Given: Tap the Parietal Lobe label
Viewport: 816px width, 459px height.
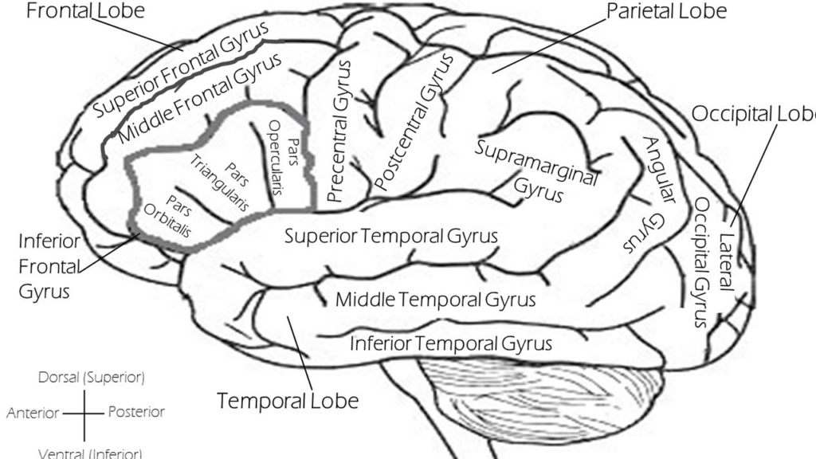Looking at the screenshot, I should coord(666,11).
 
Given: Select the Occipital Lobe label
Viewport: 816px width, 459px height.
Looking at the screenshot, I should coord(753,113).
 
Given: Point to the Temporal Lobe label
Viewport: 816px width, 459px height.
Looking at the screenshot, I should coord(288,399).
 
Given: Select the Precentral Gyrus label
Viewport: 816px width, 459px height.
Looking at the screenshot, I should coord(341,132).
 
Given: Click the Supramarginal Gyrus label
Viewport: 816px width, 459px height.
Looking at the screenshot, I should coord(535,169).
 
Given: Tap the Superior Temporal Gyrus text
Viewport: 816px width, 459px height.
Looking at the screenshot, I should coord(391,236).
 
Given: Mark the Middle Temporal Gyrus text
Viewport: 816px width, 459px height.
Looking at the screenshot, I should coord(435,300).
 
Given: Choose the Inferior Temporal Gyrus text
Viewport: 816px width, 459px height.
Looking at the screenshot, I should coord(451,343).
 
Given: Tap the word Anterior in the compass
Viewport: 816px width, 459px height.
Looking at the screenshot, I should coord(32,413).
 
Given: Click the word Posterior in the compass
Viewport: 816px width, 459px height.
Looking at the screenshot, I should coord(136,412).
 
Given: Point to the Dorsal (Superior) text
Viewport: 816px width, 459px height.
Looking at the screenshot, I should coord(91,377).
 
